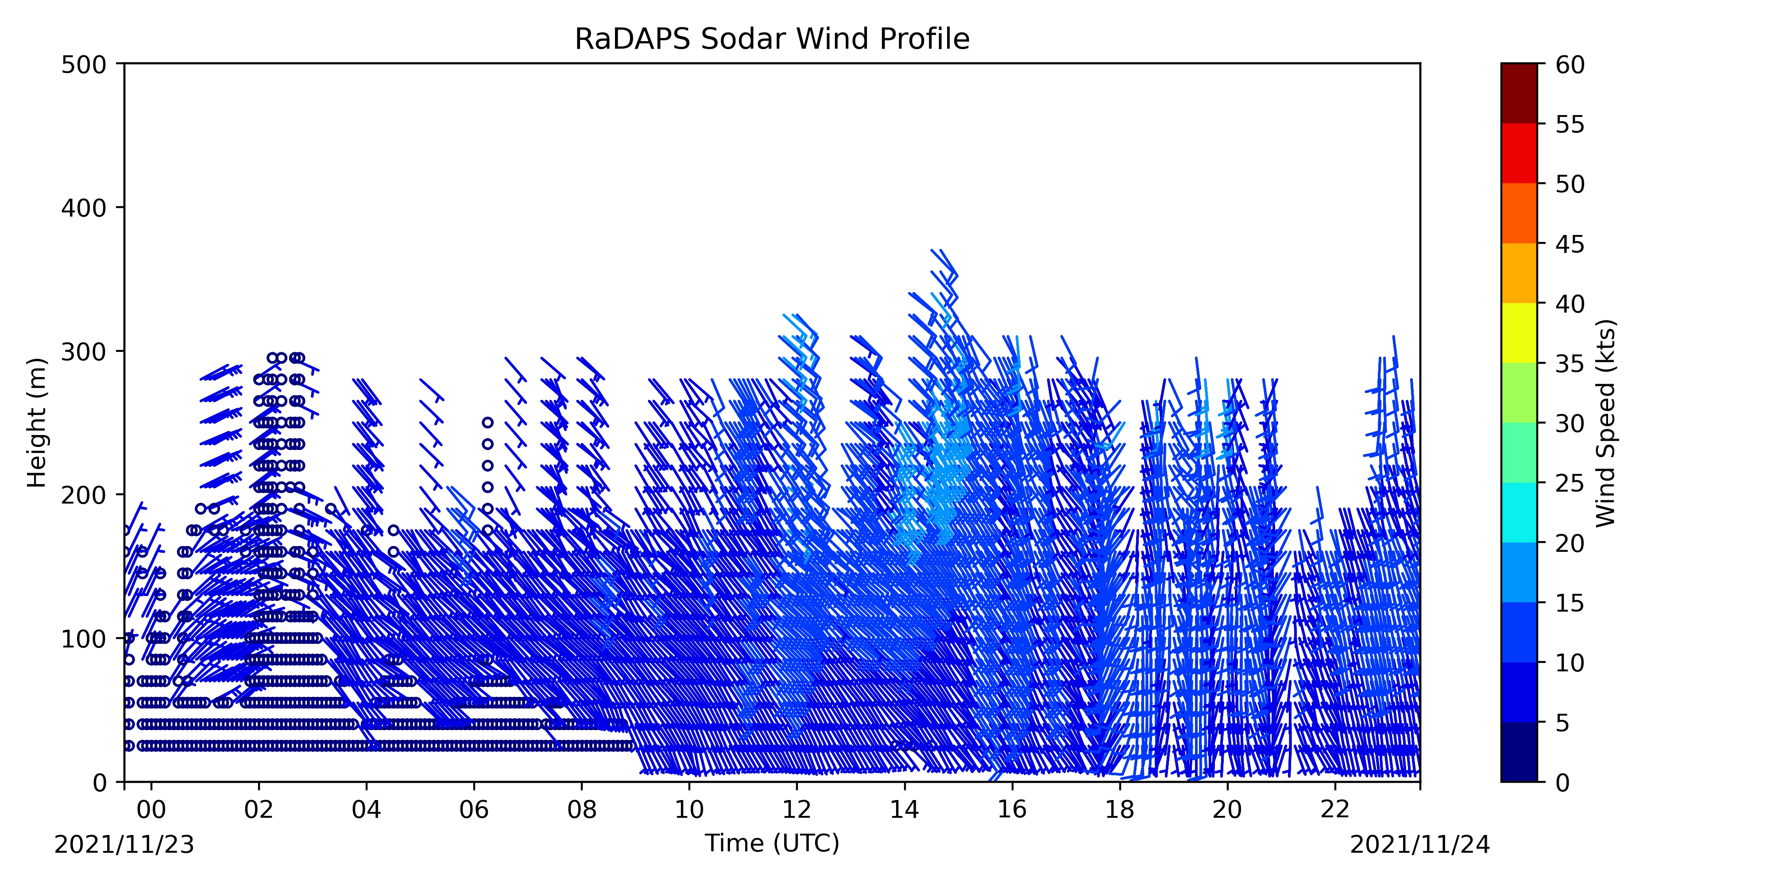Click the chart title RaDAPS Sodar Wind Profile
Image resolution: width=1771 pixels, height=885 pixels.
coord(772,39)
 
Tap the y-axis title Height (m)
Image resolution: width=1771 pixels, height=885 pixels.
coord(37,423)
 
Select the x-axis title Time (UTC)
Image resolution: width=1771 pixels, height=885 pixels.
coord(772,843)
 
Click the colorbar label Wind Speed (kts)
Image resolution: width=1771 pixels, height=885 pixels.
coord(1605,423)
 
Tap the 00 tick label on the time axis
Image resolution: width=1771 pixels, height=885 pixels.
coord(151,809)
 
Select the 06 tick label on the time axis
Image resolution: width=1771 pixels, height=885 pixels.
coord(474,809)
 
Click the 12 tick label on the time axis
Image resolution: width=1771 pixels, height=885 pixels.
coord(797,809)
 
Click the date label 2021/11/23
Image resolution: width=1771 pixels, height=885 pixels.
coord(124,844)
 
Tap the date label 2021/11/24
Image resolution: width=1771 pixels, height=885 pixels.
coord(1420,844)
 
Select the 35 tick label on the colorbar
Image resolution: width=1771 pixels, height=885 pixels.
coord(1570,363)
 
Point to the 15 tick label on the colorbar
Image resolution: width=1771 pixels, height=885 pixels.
coord(1570,603)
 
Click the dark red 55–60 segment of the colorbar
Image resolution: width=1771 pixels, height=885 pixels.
coord(1519,93)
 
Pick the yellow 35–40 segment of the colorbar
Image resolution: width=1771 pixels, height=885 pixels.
coord(1519,333)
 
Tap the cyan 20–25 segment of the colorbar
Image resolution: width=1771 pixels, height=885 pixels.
coord(1519,512)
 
